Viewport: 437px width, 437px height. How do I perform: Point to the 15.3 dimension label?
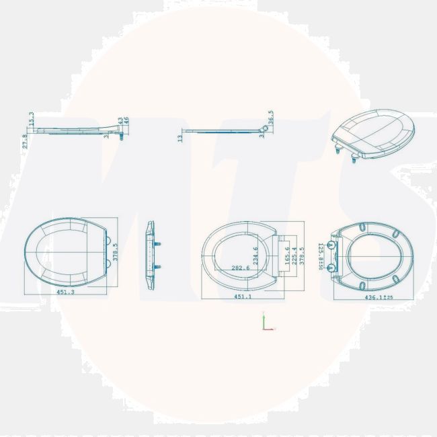pyautogui.click(x=32, y=118)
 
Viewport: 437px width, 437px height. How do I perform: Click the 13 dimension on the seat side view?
pyautogui.click(x=180, y=138)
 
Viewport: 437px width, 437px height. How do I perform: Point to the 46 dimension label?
pyautogui.click(x=126, y=122)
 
